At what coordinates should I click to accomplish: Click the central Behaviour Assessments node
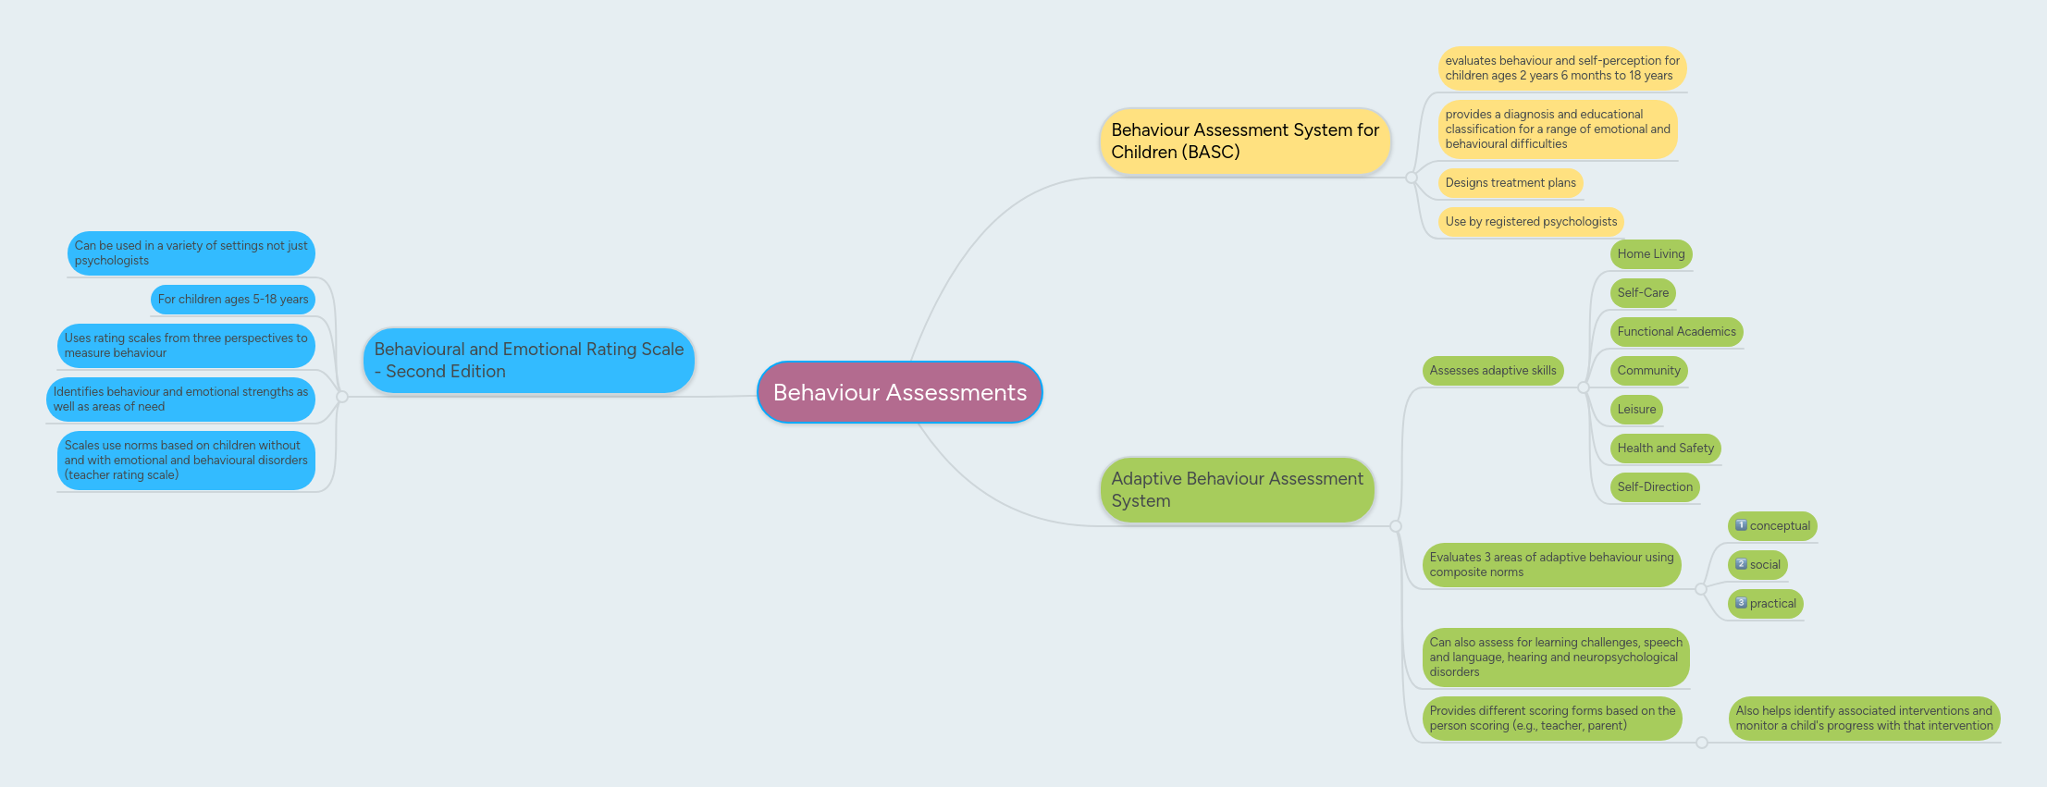point(899,392)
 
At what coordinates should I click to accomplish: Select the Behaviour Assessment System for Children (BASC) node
point(1244,141)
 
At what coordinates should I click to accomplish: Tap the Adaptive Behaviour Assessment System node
point(1237,489)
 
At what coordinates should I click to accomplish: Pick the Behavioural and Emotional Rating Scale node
point(528,360)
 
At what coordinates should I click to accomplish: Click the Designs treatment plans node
point(1510,183)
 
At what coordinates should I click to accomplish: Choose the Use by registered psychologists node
point(1530,222)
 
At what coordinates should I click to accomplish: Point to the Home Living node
point(1650,254)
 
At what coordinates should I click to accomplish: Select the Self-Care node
point(1642,293)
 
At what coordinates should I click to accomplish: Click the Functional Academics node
point(1675,332)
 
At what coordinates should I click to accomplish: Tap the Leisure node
point(1635,410)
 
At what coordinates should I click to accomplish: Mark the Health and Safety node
point(1664,449)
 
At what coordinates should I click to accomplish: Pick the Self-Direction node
point(1654,487)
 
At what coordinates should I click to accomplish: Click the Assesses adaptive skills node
point(1492,371)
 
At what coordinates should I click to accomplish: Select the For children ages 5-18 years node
point(232,300)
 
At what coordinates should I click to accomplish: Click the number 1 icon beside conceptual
point(1741,525)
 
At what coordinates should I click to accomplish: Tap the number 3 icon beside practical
point(1741,603)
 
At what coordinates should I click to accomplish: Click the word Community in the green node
point(1648,371)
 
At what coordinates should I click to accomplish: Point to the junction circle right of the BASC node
point(1412,178)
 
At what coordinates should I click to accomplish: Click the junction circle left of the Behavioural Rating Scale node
point(342,397)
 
